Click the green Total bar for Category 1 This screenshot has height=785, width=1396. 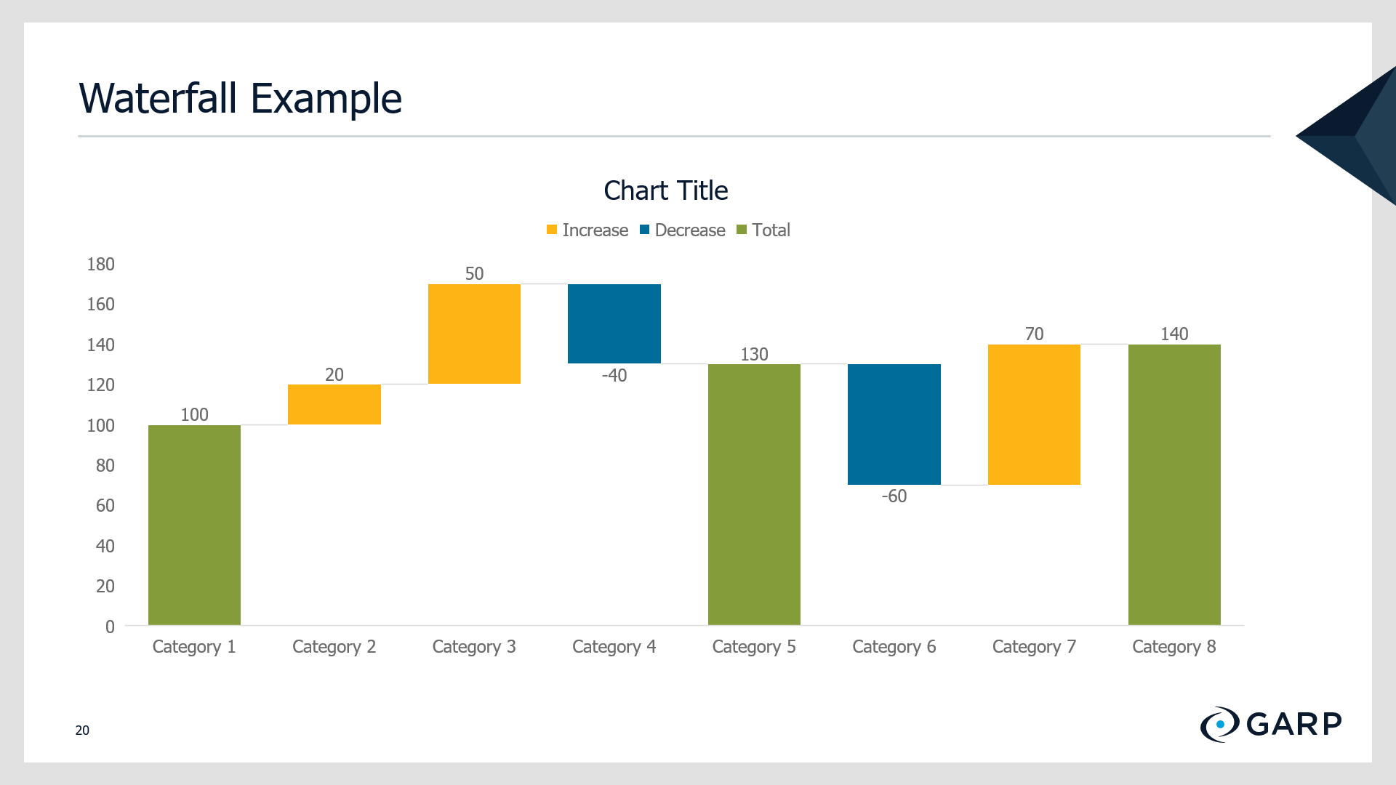(x=194, y=525)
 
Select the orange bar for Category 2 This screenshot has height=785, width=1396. (x=334, y=404)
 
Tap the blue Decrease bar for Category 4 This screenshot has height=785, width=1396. (x=614, y=323)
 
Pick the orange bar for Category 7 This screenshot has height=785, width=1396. (x=1034, y=414)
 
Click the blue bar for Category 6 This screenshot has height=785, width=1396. (x=894, y=424)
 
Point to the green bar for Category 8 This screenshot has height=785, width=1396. (x=1174, y=485)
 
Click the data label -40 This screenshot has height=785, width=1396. (x=614, y=376)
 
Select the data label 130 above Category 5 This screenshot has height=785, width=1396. (x=754, y=354)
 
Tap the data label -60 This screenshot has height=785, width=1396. (x=894, y=496)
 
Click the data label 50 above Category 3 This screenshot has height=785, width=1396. (x=474, y=273)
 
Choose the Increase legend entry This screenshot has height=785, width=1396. (x=587, y=230)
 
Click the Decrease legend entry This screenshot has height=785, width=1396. (x=683, y=230)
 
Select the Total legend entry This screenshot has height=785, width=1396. (x=763, y=230)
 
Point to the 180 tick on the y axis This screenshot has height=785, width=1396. (x=101, y=264)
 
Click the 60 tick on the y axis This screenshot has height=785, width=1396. (x=105, y=505)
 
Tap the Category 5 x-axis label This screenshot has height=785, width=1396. (x=754, y=647)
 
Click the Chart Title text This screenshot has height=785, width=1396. (x=666, y=190)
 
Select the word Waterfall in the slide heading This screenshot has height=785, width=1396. (x=159, y=98)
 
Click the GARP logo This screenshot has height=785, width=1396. (x=1271, y=724)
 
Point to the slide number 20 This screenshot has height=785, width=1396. (x=82, y=730)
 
